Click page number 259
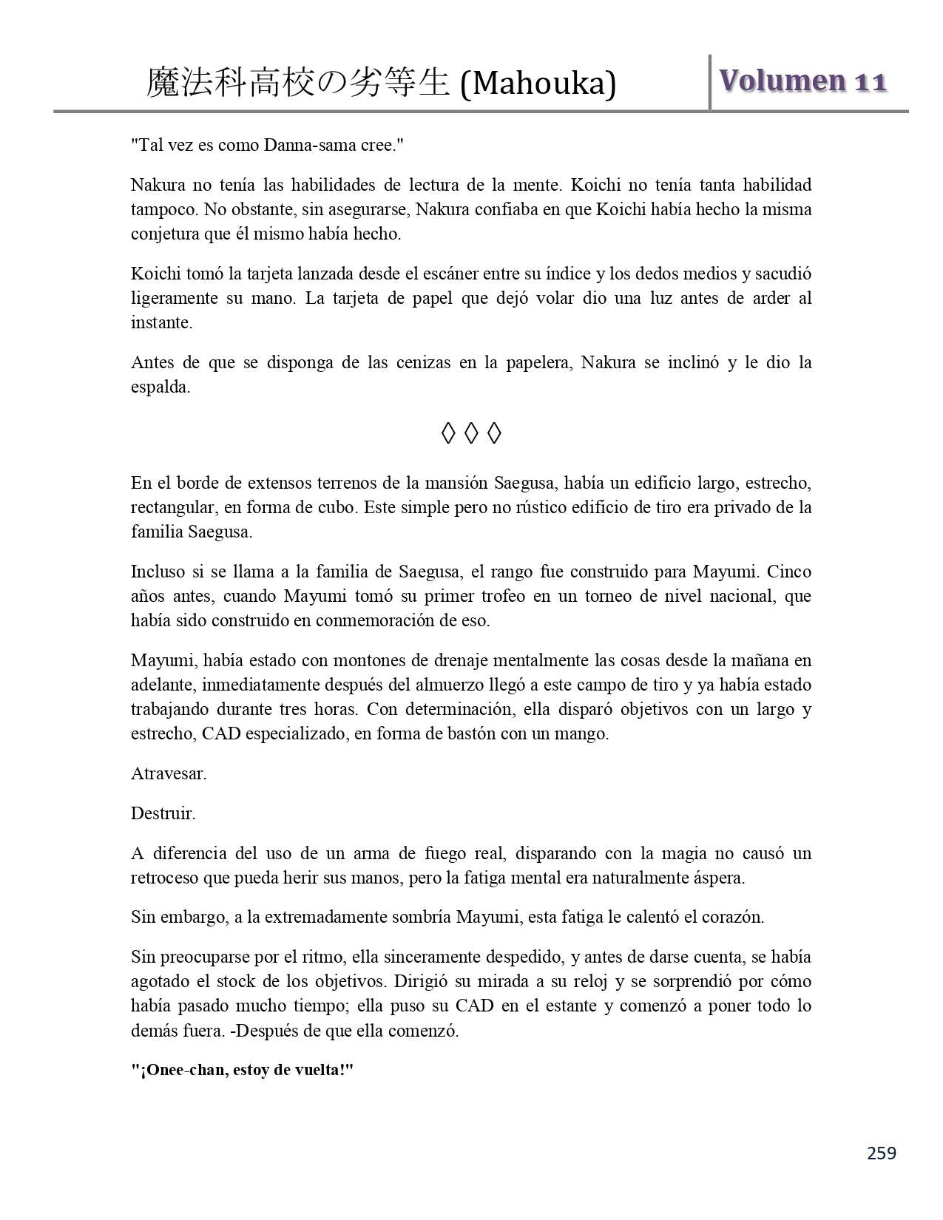pyautogui.click(x=881, y=1153)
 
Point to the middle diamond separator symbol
pyautogui.click(x=471, y=433)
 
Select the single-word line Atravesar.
pyautogui.click(x=169, y=774)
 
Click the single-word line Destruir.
pyautogui.click(x=163, y=814)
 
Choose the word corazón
pyautogui.click(x=733, y=918)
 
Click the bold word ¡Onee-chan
pyautogui.click(x=177, y=1071)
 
